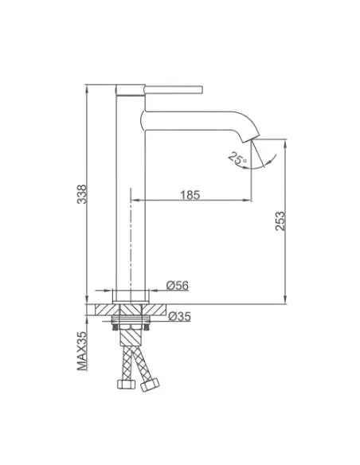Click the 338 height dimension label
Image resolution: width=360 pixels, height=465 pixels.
(82, 194)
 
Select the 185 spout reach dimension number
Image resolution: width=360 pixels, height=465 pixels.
(190, 195)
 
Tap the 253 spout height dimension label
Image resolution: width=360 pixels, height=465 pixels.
(280, 221)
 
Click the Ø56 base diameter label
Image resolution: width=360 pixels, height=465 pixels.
(178, 285)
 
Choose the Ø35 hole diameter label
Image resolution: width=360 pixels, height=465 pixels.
(179, 316)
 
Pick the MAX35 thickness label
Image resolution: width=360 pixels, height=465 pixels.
(82, 351)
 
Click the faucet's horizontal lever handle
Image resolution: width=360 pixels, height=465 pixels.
(174, 89)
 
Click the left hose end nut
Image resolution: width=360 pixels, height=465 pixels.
(127, 384)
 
